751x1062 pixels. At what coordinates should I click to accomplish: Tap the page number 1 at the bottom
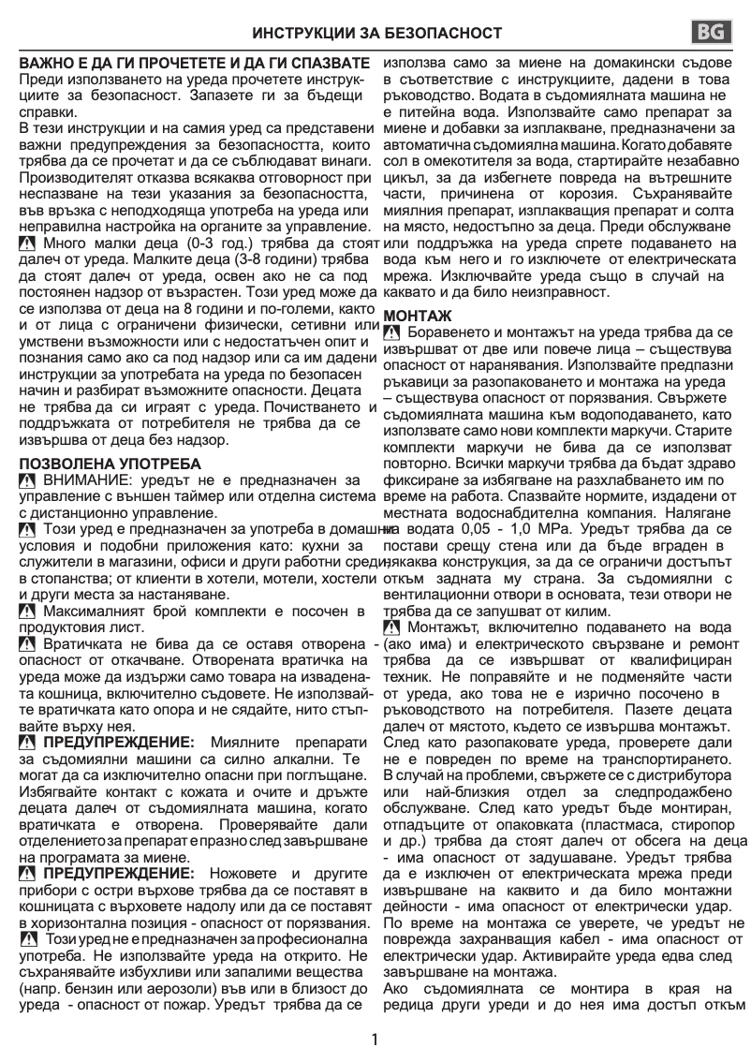tap(375, 1040)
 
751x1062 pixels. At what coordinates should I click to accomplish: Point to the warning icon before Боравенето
tap(391, 333)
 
